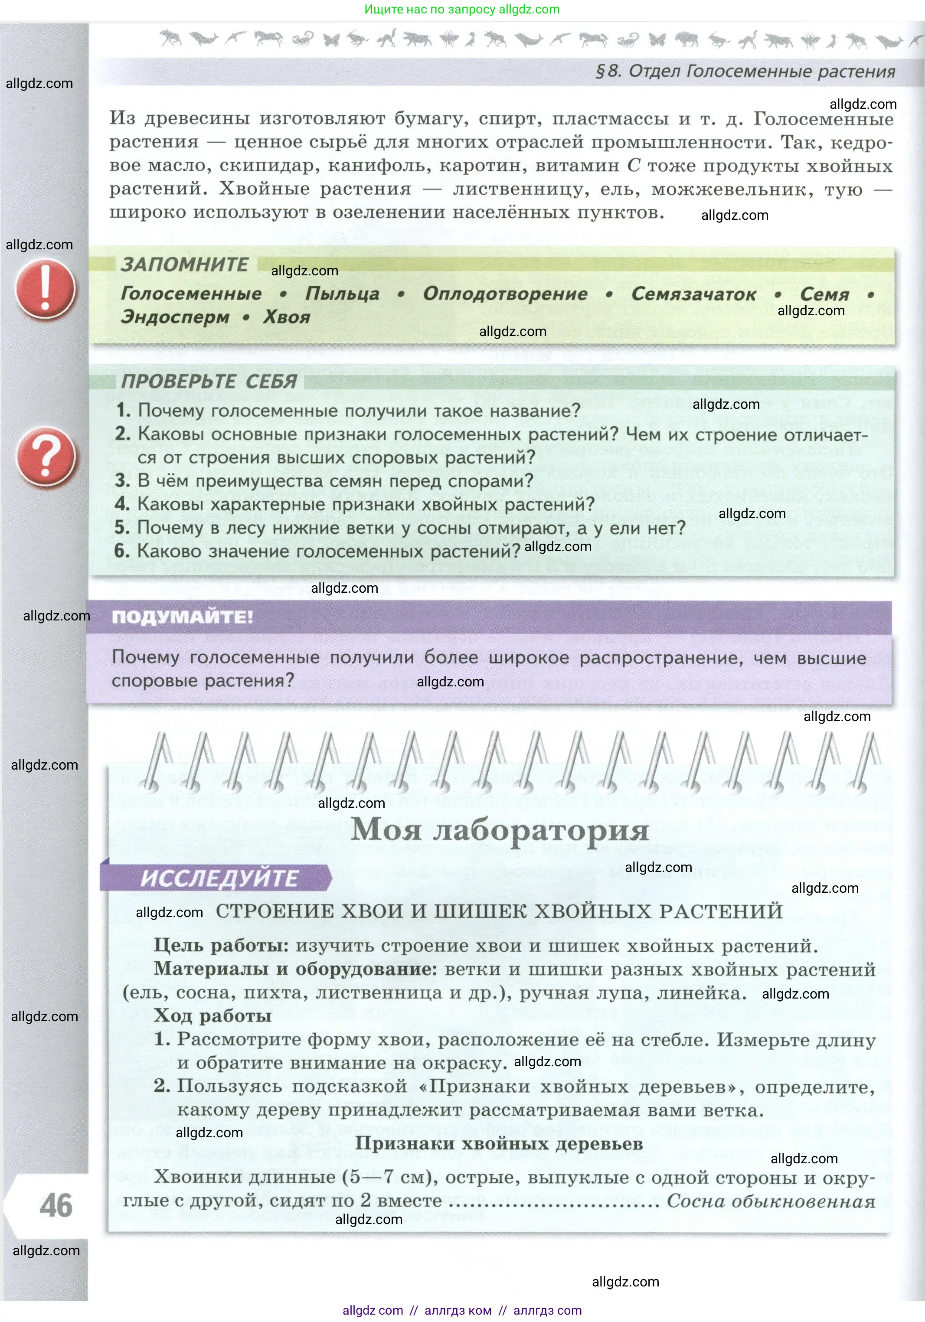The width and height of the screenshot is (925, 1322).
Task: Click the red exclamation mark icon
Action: pyautogui.click(x=45, y=288)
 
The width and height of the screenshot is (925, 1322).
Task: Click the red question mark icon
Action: pyautogui.click(x=46, y=456)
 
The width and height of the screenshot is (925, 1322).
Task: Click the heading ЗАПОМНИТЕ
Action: pyautogui.click(x=184, y=264)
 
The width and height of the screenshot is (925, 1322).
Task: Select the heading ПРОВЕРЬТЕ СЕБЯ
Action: pyautogui.click(x=209, y=381)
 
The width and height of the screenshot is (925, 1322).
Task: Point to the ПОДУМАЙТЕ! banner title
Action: pyautogui.click(x=182, y=617)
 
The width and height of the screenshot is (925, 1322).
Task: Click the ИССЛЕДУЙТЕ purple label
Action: pyautogui.click(x=219, y=878)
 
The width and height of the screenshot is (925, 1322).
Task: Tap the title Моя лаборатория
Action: pyautogui.click(x=500, y=830)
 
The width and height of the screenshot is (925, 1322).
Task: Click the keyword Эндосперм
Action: pyautogui.click(x=174, y=317)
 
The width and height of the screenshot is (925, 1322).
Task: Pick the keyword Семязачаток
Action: pyautogui.click(x=693, y=294)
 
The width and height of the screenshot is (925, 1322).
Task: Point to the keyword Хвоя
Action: pyautogui.click(x=286, y=317)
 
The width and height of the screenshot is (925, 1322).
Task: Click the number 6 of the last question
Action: pyautogui.click(x=121, y=551)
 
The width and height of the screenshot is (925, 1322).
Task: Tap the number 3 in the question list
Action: pyautogui.click(x=121, y=480)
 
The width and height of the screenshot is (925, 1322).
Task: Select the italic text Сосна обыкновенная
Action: pyautogui.click(x=771, y=1201)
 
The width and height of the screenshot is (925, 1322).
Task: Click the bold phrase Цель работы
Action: pyautogui.click(x=221, y=946)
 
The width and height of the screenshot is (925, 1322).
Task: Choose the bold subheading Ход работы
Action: pyautogui.click(x=212, y=1016)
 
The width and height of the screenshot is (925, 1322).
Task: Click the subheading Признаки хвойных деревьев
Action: pyautogui.click(x=499, y=1143)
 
